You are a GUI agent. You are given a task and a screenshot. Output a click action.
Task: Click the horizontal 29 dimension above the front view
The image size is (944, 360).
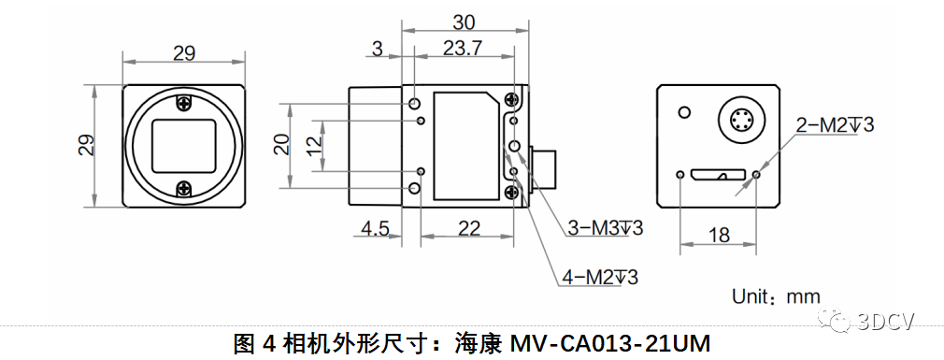(x=184, y=53)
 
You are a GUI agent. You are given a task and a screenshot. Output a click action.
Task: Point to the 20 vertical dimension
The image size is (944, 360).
(x=281, y=145)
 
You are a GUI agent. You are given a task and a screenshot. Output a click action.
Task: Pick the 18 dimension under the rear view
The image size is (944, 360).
(x=719, y=235)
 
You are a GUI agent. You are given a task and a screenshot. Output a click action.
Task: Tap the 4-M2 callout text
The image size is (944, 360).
(x=601, y=277)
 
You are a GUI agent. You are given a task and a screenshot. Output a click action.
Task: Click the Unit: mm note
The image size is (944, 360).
(x=775, y=296)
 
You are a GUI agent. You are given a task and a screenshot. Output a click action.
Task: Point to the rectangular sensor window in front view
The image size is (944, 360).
(x=185, y=145)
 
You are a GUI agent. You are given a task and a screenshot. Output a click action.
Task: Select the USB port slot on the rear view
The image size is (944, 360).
(x=719, y=175)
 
